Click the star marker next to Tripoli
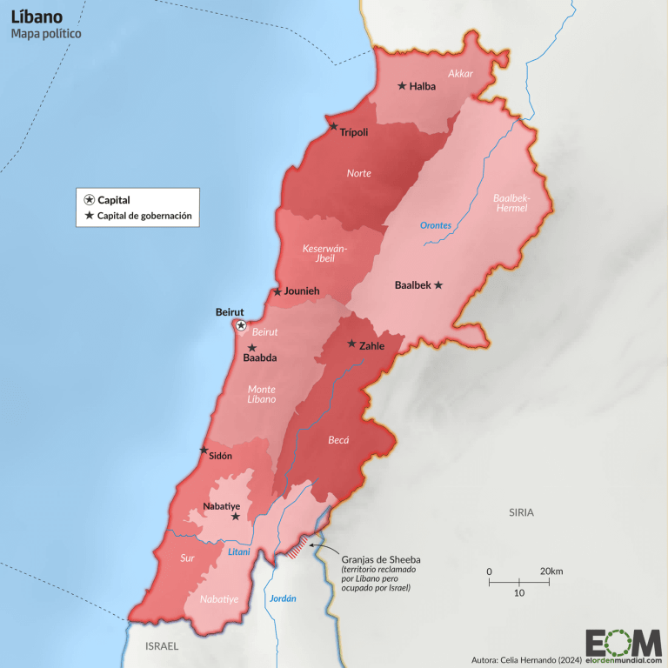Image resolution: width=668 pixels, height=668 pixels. (333, 126)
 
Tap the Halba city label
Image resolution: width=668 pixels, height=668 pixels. (423, 86)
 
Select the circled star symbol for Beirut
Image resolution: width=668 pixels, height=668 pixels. (241, 325)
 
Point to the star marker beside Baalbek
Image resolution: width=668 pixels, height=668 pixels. (438, 284)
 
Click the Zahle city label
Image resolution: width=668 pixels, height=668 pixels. (372, 345)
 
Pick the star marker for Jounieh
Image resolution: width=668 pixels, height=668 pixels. (277, 291)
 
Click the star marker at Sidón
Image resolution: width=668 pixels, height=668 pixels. (204, 451)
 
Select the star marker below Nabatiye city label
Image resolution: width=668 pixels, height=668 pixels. (235, 517)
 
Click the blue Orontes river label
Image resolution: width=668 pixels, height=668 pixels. (436, 225)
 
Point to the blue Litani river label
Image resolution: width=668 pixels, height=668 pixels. (238, 551)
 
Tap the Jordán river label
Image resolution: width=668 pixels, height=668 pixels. (283, 598)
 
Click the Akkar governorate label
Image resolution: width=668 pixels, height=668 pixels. (460, 74)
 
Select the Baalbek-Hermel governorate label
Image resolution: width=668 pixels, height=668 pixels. (511, 204)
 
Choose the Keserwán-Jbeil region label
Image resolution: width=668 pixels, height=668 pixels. (324, 254)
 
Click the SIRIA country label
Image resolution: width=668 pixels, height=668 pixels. (521, 512)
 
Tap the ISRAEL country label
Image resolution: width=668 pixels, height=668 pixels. (162, 646)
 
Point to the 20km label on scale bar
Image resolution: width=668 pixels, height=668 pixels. (551, 571)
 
